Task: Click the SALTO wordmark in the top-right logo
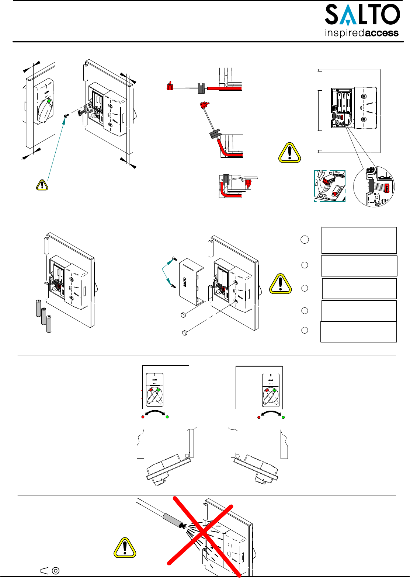362,15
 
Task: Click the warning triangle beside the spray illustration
125,547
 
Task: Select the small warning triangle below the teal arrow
42,185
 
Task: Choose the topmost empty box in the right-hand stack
359,240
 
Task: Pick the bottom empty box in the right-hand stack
359,332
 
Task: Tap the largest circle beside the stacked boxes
305,240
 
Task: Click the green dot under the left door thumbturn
167,417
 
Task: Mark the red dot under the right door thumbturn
259,417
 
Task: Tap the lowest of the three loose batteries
49,324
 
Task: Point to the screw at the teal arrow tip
66,116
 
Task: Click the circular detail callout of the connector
374,187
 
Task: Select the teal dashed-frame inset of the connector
330,186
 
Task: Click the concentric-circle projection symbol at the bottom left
56,571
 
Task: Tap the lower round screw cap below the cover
185,333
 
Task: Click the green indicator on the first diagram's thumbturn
49,101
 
